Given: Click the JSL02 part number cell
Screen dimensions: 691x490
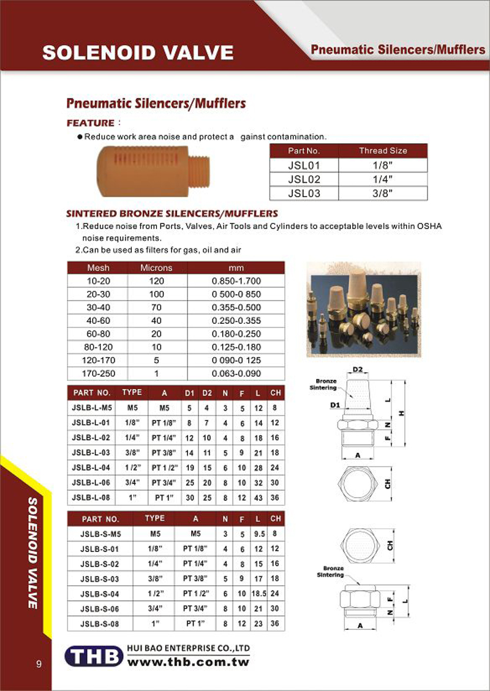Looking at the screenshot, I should tap(304, 179).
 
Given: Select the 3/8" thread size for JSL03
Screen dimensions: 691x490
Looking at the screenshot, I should tap(382, 193).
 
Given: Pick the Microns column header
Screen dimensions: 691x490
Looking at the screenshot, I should tap(156, 267).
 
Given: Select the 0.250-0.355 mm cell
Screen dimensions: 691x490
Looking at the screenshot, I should tap(236, 321).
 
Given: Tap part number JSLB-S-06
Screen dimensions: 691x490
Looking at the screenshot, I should tap(99, 608).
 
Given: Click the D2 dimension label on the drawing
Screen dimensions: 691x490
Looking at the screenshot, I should tap(359, 370).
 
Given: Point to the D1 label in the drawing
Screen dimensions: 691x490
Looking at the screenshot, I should tap(334, 405).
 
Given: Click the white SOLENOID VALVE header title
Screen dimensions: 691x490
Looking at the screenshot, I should tap(138, 53).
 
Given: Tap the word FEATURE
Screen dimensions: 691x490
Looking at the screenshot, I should tap(91, 123).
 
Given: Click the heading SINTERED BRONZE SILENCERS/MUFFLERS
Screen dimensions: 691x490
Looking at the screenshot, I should tap(172, 214).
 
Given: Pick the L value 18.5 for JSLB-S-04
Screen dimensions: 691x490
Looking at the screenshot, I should tap(257, 594).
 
